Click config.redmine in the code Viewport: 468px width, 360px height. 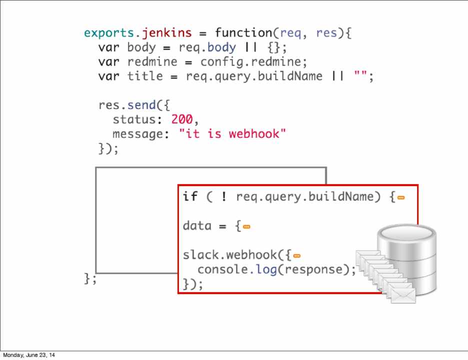(253, 62)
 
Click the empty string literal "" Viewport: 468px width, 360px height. (360, 76)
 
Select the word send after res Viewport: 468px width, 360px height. (142, 105)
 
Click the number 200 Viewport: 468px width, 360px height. (182, 120)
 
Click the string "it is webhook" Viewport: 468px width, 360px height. (232, 134)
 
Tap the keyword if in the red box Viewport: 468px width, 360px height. (190, 196)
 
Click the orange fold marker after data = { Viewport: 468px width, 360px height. (246, 226)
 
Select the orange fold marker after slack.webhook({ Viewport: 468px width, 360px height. (297, 256)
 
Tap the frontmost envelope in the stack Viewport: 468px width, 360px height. (403, 295)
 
